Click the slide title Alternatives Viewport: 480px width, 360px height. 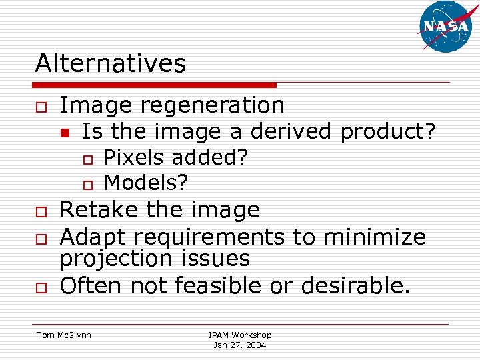pos(111,64)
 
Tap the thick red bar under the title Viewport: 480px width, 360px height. pos(155,85)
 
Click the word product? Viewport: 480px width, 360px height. pos(388,132)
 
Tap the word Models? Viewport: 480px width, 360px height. pos(147,181)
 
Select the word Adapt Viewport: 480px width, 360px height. pos(93,237)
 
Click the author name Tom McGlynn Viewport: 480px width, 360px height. pos(64,335)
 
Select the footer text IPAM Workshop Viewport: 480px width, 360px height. pos(240,335)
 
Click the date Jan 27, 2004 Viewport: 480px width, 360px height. pos(240,345)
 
